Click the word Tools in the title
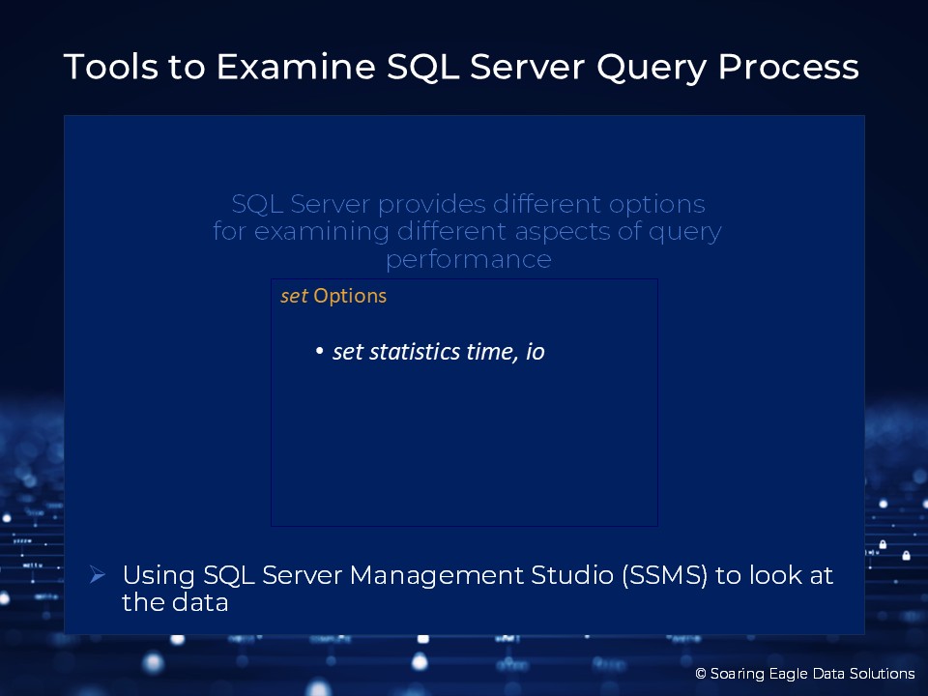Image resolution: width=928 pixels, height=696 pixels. point(111,67)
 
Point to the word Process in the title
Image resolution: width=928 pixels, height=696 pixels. point(789,67)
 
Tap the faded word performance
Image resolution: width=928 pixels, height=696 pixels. point(469,260)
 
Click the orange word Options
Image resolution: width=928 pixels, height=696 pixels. point(350,296)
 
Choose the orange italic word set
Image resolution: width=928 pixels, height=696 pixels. point(294,296)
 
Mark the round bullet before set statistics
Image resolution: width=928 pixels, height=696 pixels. point(320,352)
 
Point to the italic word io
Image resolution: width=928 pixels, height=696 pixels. point(535,352)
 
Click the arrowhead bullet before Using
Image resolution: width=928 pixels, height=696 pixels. point(98,574)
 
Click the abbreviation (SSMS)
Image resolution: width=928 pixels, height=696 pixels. point(665,576)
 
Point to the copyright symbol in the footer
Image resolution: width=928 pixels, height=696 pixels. point(701,674)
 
